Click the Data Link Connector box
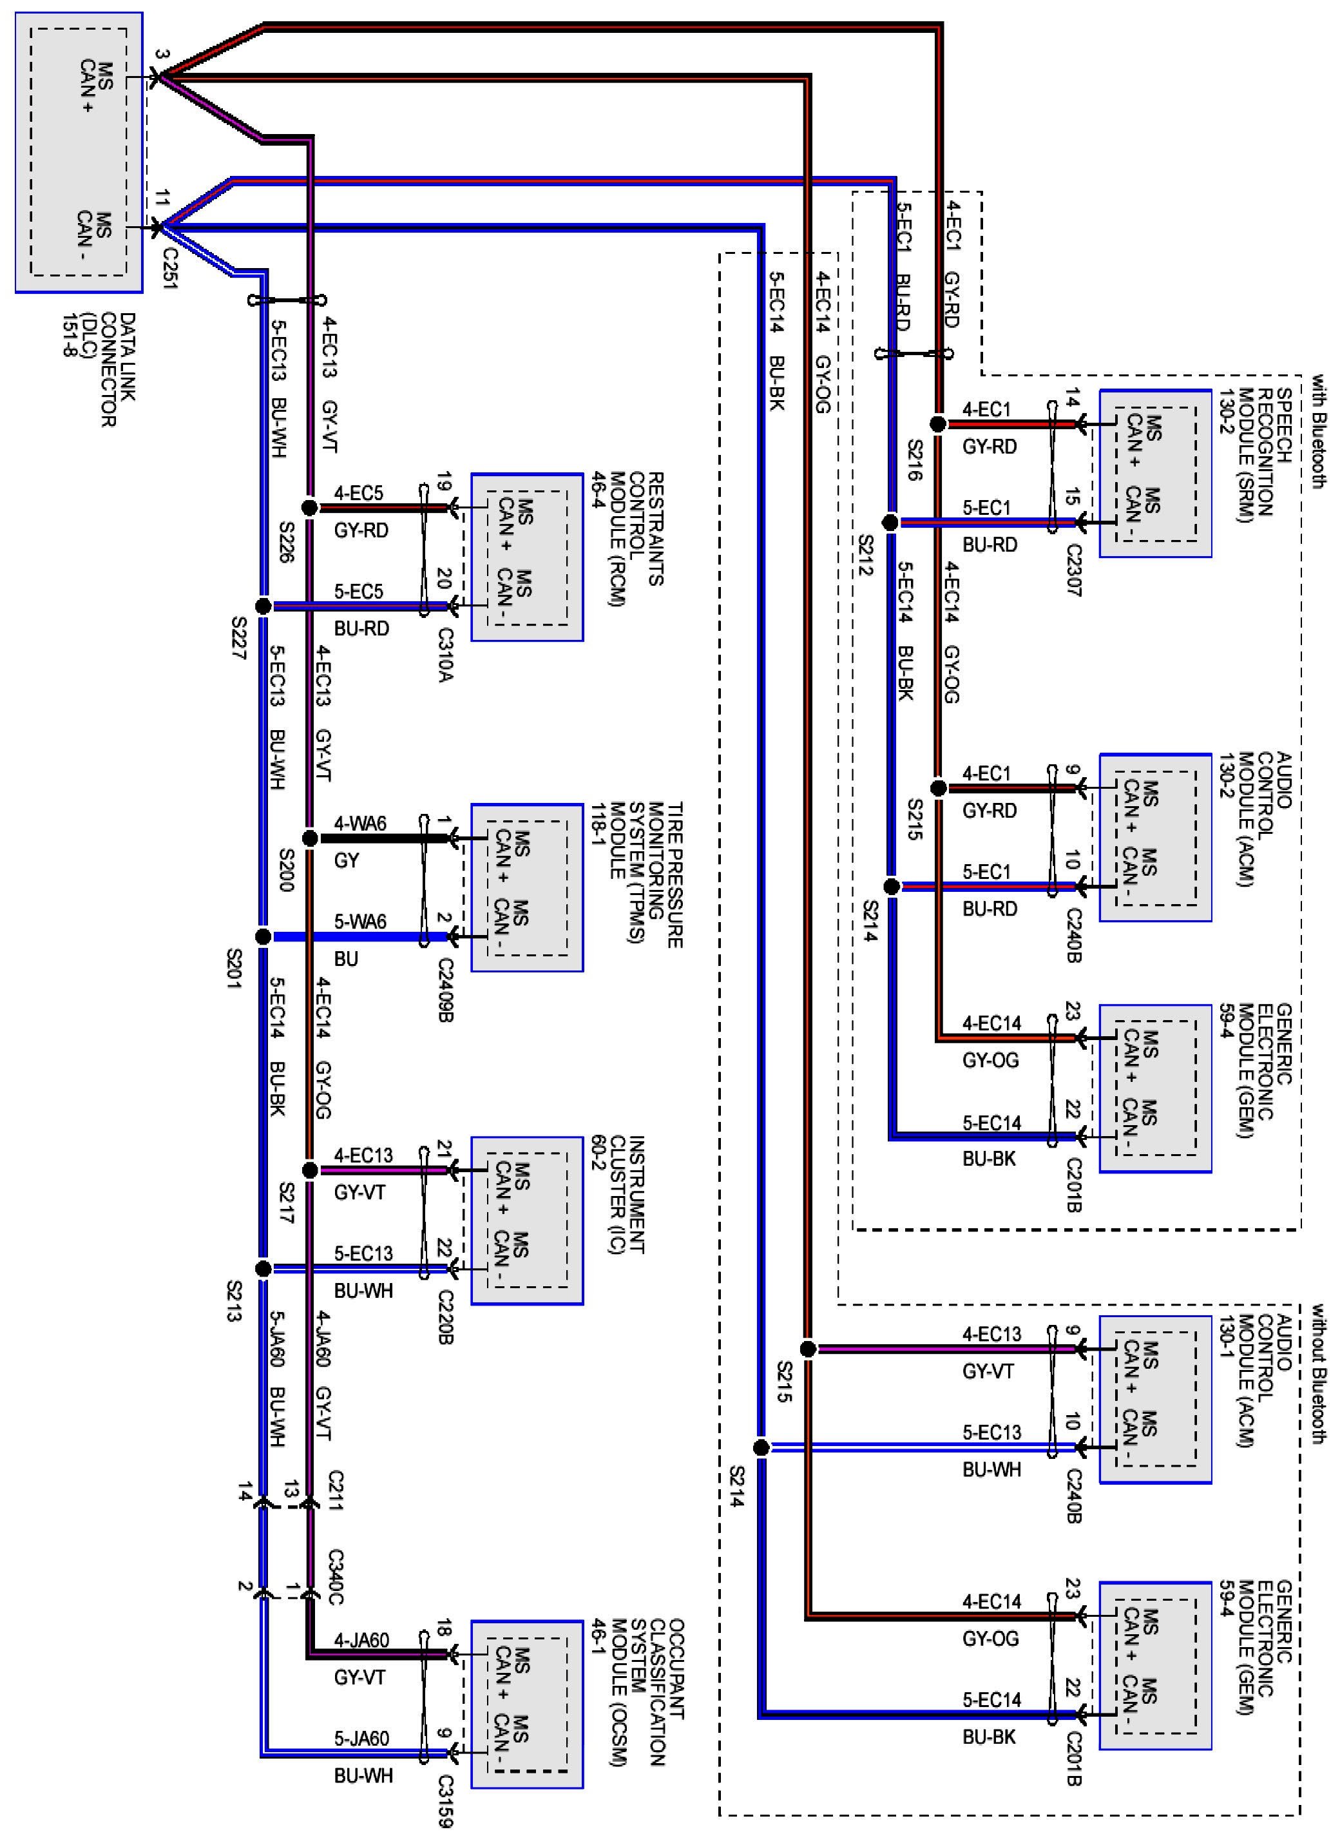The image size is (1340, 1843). pyautogui.click(x=79, y=152)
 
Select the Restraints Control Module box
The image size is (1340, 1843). pyautogui.click(x=526, y=557)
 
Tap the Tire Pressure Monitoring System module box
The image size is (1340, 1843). pyautogui.click(x=526, y=887)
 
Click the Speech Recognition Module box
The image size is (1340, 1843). pyautogui.click(x=1154, y=474)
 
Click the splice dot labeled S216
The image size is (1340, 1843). pyautogui.click(x=938, y=424)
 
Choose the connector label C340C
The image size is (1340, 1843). pyautogui.click(x=335, y=1578)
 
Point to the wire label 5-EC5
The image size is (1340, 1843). pyautogui.click(x=358, y=592)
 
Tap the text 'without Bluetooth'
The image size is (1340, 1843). pyautogui.click(x=1317, y=1373)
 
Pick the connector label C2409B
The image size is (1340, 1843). pyautogui.click(x=445, y=989)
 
